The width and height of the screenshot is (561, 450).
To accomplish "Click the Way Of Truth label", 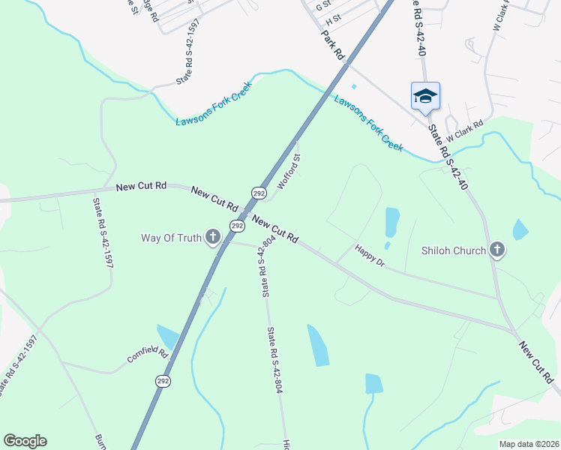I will tap(171, 238).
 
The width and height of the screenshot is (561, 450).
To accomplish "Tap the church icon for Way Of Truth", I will tap(213, 238).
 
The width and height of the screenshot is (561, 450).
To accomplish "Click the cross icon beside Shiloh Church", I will tap(496, 250).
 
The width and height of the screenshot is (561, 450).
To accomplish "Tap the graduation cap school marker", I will tap(425, 96).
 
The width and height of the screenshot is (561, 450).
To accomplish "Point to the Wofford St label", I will tap(289, 172).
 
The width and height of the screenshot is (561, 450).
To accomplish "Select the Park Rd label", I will tap(333, 44).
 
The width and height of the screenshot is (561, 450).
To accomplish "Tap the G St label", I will tap(323, 5).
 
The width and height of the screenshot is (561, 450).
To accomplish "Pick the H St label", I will tap(333, 17).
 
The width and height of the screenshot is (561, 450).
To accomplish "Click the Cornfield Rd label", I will tap(145, 354).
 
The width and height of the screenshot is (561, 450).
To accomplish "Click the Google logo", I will tap(25, 441).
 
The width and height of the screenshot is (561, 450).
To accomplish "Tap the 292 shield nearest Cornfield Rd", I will tap(163, 381).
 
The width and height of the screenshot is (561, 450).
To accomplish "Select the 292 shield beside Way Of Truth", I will tap(237, 225).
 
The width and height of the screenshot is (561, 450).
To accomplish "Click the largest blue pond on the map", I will tap(318, 344).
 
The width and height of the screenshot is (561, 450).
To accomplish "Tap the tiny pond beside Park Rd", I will tap(354, 86).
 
